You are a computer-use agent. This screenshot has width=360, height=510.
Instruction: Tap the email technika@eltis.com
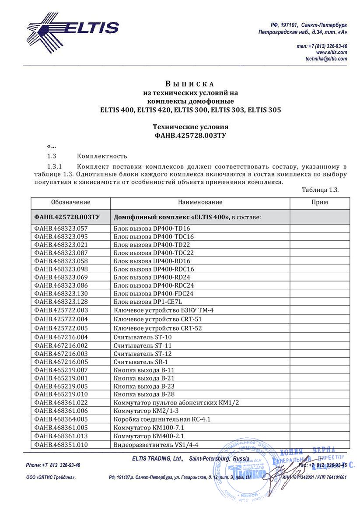tap(326, 59)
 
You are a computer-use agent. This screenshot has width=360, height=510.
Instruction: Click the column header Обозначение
tap(70, 202)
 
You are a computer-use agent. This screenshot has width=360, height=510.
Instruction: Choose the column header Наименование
tap(200, 202)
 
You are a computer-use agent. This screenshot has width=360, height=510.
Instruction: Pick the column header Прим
tap(320, 202)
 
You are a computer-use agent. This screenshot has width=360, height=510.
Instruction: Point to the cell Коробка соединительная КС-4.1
tap(162, 419)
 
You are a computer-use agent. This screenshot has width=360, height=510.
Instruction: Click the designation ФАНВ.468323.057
tap(61, 229)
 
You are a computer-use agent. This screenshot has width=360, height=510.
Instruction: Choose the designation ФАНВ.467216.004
tap(61, 337)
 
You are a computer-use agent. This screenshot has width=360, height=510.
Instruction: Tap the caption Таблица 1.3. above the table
tap(320, 190)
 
